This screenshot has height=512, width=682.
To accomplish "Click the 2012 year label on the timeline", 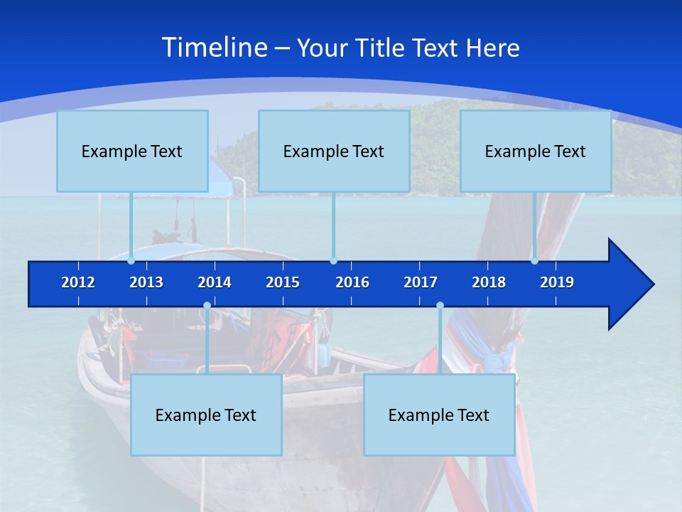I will tap(78, 282).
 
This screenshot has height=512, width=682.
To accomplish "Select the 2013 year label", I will tap(146, 282).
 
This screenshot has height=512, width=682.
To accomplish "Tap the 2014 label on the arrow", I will tap(215, 282).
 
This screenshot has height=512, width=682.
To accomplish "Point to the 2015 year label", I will tap(283, 282).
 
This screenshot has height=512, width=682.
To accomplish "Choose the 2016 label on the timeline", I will tap(352, 282).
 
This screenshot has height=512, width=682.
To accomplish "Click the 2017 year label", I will tap(421, 282).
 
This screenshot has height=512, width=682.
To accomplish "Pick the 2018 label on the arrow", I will tap(489, 282).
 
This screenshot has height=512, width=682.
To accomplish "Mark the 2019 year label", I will tap(557, 282).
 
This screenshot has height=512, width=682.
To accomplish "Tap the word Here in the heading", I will tap(492, 48).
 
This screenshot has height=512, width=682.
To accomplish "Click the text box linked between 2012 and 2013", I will tap(132, 151).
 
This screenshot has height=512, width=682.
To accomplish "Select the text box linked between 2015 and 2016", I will tap(334, 151).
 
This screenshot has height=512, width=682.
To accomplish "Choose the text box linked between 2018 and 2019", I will tap(536, 151).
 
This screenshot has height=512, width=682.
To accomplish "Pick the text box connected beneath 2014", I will tap(206, 415).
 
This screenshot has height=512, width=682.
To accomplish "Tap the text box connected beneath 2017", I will tap(439, 415).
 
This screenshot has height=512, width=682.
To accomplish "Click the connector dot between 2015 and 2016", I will tap(334, 261).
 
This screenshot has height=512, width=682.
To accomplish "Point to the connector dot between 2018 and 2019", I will tap(534, 261).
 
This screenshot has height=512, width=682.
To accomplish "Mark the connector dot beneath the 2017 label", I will tap(440, 306).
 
